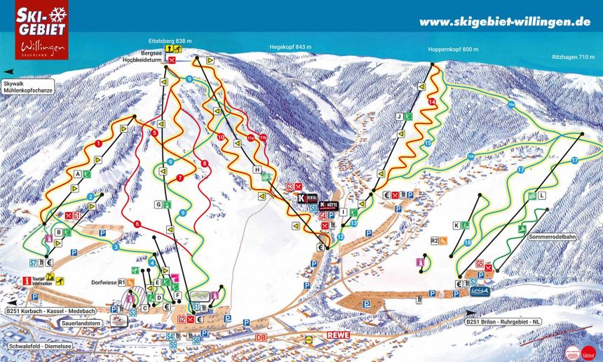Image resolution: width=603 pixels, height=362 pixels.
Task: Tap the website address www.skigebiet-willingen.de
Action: (504, 22)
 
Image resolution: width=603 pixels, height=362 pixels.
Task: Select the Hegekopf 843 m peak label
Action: (290, 47)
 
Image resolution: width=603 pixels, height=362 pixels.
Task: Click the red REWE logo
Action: (338, 335)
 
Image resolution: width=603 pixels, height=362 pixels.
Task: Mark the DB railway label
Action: (261, 337)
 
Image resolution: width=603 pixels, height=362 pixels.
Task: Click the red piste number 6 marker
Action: (137, 224)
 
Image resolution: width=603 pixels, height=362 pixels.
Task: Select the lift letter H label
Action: (257, 170)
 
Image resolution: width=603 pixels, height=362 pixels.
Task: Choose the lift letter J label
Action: (398, 116)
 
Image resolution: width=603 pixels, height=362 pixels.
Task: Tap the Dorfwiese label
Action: (100, 283)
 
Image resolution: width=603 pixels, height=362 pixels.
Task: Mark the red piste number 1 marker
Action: (99, 143)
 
